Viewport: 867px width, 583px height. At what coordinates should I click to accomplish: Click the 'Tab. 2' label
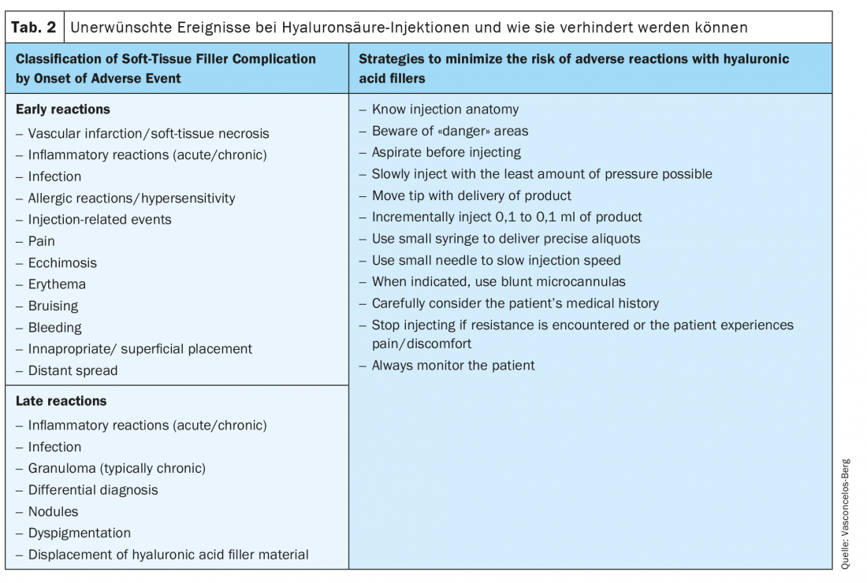tap(33, 28)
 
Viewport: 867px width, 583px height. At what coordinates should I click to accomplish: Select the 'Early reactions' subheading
tap(63, 110)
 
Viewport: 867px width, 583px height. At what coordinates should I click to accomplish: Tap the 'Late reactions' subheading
tap(61, 401)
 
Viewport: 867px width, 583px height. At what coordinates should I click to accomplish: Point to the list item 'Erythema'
tap(57, 284)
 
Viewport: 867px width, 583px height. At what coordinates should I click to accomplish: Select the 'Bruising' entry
tap(53, 306)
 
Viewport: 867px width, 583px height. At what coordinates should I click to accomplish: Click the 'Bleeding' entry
tap(54, 328)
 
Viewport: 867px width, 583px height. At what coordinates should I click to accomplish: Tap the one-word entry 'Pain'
tap(42, 241)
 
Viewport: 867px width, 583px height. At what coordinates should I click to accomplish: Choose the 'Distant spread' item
tap(73, 370)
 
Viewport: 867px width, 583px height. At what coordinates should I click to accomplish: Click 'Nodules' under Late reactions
tap(53, 511)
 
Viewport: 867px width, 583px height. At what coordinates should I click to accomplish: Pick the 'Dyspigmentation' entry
tap(79, 533)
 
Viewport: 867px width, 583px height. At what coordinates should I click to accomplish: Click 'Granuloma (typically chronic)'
tap(117, 468)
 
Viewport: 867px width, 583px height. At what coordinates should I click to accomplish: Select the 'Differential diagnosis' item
tap(93, 490)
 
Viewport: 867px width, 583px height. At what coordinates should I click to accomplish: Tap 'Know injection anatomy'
tap(445, 110)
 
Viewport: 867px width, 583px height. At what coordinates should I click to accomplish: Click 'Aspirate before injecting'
tap(446, 152)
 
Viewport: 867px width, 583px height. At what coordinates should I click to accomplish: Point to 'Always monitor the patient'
tap(453, 366)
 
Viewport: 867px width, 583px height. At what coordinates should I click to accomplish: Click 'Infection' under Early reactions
tap(54, 176)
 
